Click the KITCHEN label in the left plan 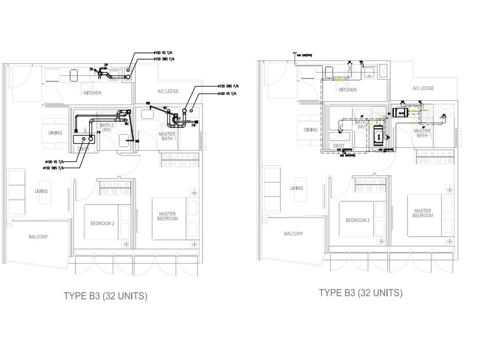pyautogui.click(x=93, y=93)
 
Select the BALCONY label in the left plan pyautogui.click(x=38, y=237)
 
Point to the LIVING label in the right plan pyautogui.click(x=297, y=188)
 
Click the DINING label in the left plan pyautogui.click(x=56, y=133)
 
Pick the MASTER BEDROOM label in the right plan pyautogui.click(x=422, y=213)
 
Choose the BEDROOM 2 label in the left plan pyautogui.click(x=102, y=223)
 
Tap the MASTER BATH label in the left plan pyautogui.click(x=166, y=137)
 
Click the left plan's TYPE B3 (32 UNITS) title pyautogui.click(x=106, y=296)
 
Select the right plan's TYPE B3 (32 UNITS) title pyautogui.click(x=361, y=293)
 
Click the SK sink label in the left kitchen pyautogui.click(x=91, y=69)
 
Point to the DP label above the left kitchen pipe pyautogui.click(x=106, y=64)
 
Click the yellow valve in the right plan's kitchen pyautogui.click(x=337, y=78)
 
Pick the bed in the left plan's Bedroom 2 pyautogui.click(x=103, y=222)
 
